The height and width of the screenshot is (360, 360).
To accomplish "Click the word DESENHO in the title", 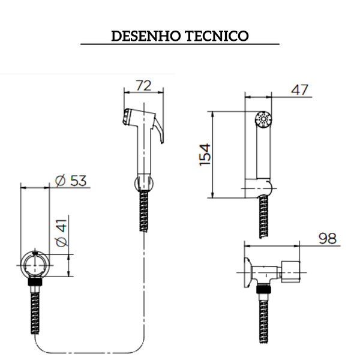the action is pos(146,36).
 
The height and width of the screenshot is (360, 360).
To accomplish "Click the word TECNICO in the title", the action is pos(217,36).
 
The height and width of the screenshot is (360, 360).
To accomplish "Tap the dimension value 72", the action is pos(144,85).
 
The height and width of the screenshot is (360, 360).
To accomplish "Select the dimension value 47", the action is pos(299,89).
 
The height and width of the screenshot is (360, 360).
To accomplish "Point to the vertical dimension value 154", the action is pos(205,155).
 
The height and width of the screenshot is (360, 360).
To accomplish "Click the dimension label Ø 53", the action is pos(71,181).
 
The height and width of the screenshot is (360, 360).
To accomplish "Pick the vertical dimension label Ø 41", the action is pos(62,233).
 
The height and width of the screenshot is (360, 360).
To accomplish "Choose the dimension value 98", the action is pos(328,238).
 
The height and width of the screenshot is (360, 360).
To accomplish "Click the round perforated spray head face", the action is pos(263,119).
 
